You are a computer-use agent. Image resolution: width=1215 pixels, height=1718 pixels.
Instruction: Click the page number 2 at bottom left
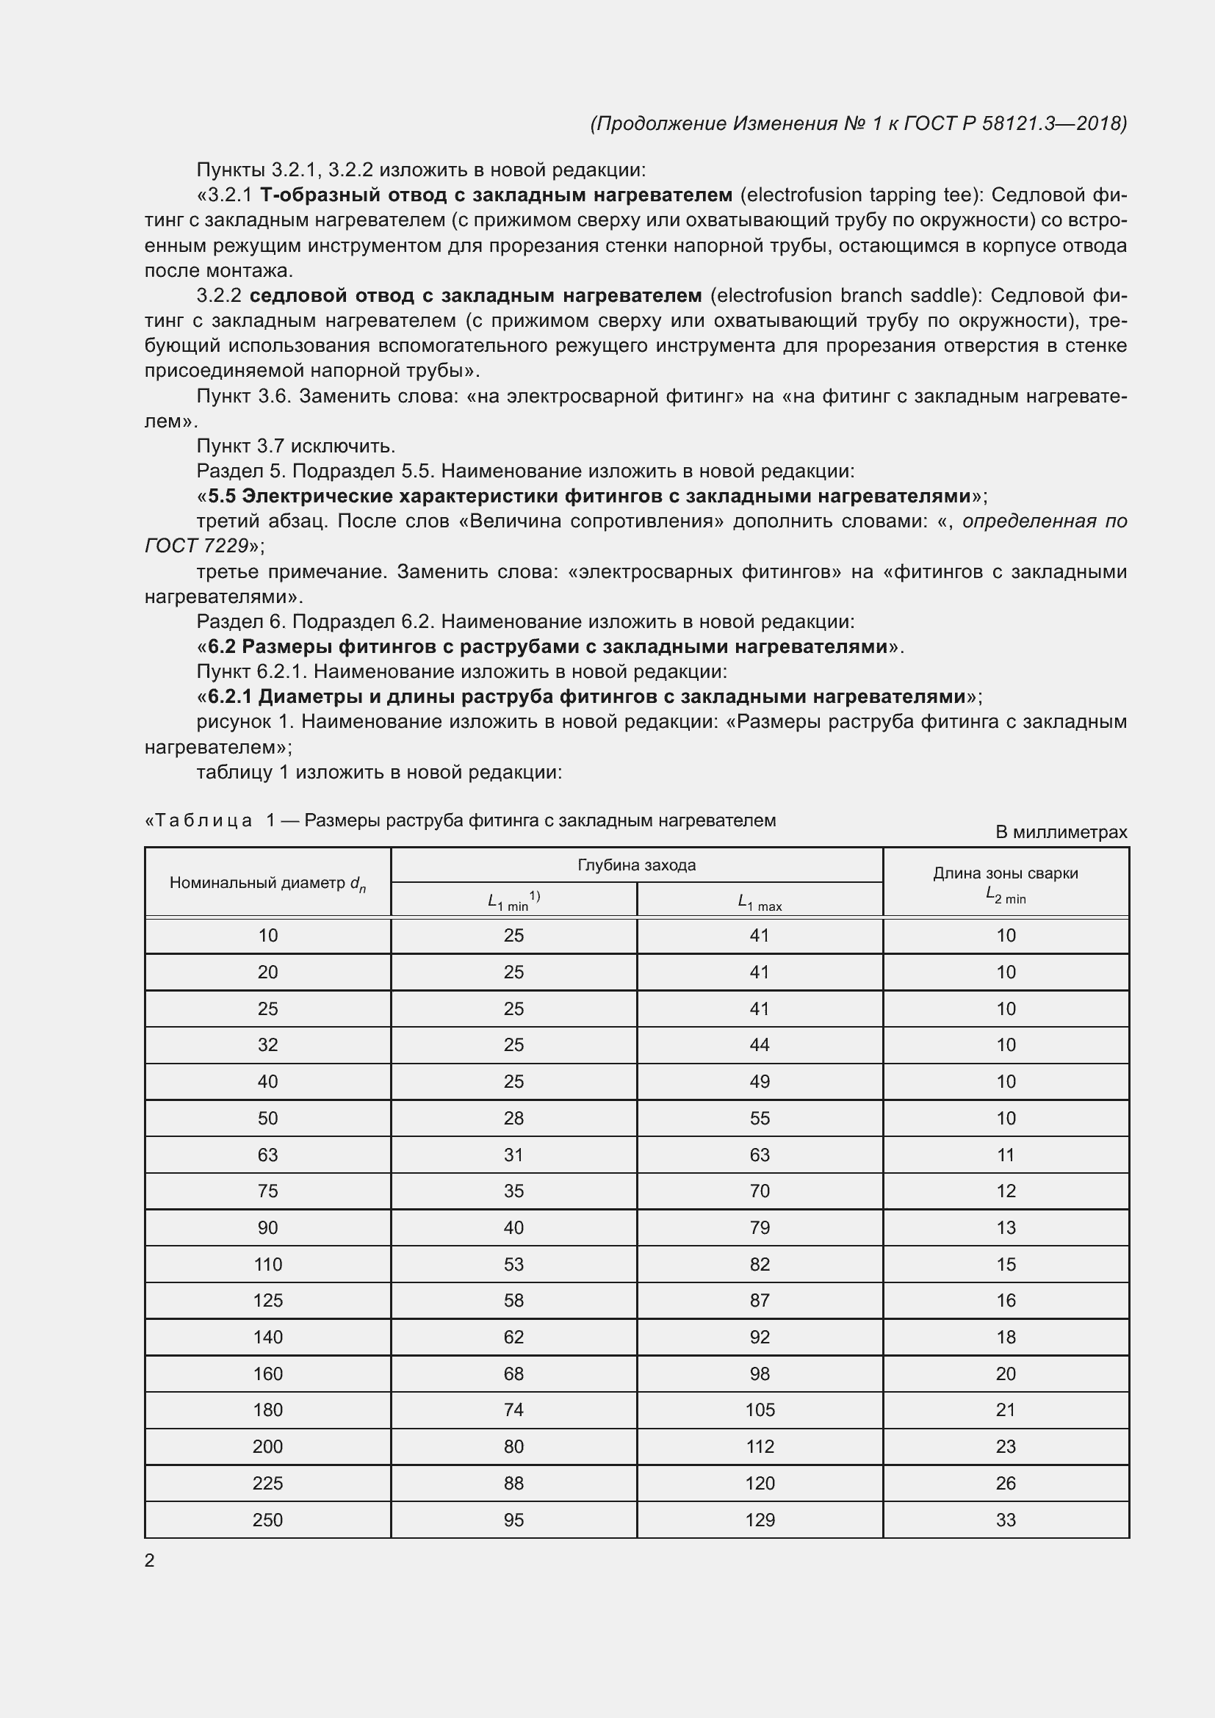coord(150,1560)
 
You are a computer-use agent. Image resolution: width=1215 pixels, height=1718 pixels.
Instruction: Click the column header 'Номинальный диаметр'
coord(267,883)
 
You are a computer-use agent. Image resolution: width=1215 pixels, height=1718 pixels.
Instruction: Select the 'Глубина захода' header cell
coord(636,865)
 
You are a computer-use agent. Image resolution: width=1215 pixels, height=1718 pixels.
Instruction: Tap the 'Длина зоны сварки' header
coord(1005,873)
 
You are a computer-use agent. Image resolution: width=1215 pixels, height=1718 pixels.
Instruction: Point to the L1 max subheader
coord(759,903)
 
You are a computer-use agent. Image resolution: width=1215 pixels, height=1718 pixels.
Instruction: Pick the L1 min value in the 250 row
coord(513,1520)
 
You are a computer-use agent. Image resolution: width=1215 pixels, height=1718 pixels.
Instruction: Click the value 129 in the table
coord(760,1520)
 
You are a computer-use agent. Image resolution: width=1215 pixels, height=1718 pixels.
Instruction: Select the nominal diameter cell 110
coord(267,1264)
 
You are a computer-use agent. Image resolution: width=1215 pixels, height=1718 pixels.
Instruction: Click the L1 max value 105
coord(760,1410)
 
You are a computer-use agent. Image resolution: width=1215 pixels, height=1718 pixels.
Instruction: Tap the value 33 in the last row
coord(1006,1520)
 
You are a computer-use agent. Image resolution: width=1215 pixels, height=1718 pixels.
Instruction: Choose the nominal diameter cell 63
coord(267,1155)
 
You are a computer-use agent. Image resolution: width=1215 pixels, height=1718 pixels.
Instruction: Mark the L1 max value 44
coord(760,1044)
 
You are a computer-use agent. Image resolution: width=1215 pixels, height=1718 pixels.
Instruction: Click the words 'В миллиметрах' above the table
coord(1060,832)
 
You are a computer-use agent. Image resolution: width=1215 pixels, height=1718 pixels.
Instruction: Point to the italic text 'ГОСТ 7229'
coord(196,546)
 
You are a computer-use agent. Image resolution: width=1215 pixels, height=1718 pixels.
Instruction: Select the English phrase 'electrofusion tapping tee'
coord(859,195)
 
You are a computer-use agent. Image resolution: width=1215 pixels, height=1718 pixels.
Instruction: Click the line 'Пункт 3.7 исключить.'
coord(295,446)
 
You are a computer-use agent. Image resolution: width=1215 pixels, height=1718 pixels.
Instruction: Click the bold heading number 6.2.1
coord(231,696)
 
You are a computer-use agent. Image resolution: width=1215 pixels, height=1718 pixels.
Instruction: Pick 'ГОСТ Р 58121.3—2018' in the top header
coord(1014,123)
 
